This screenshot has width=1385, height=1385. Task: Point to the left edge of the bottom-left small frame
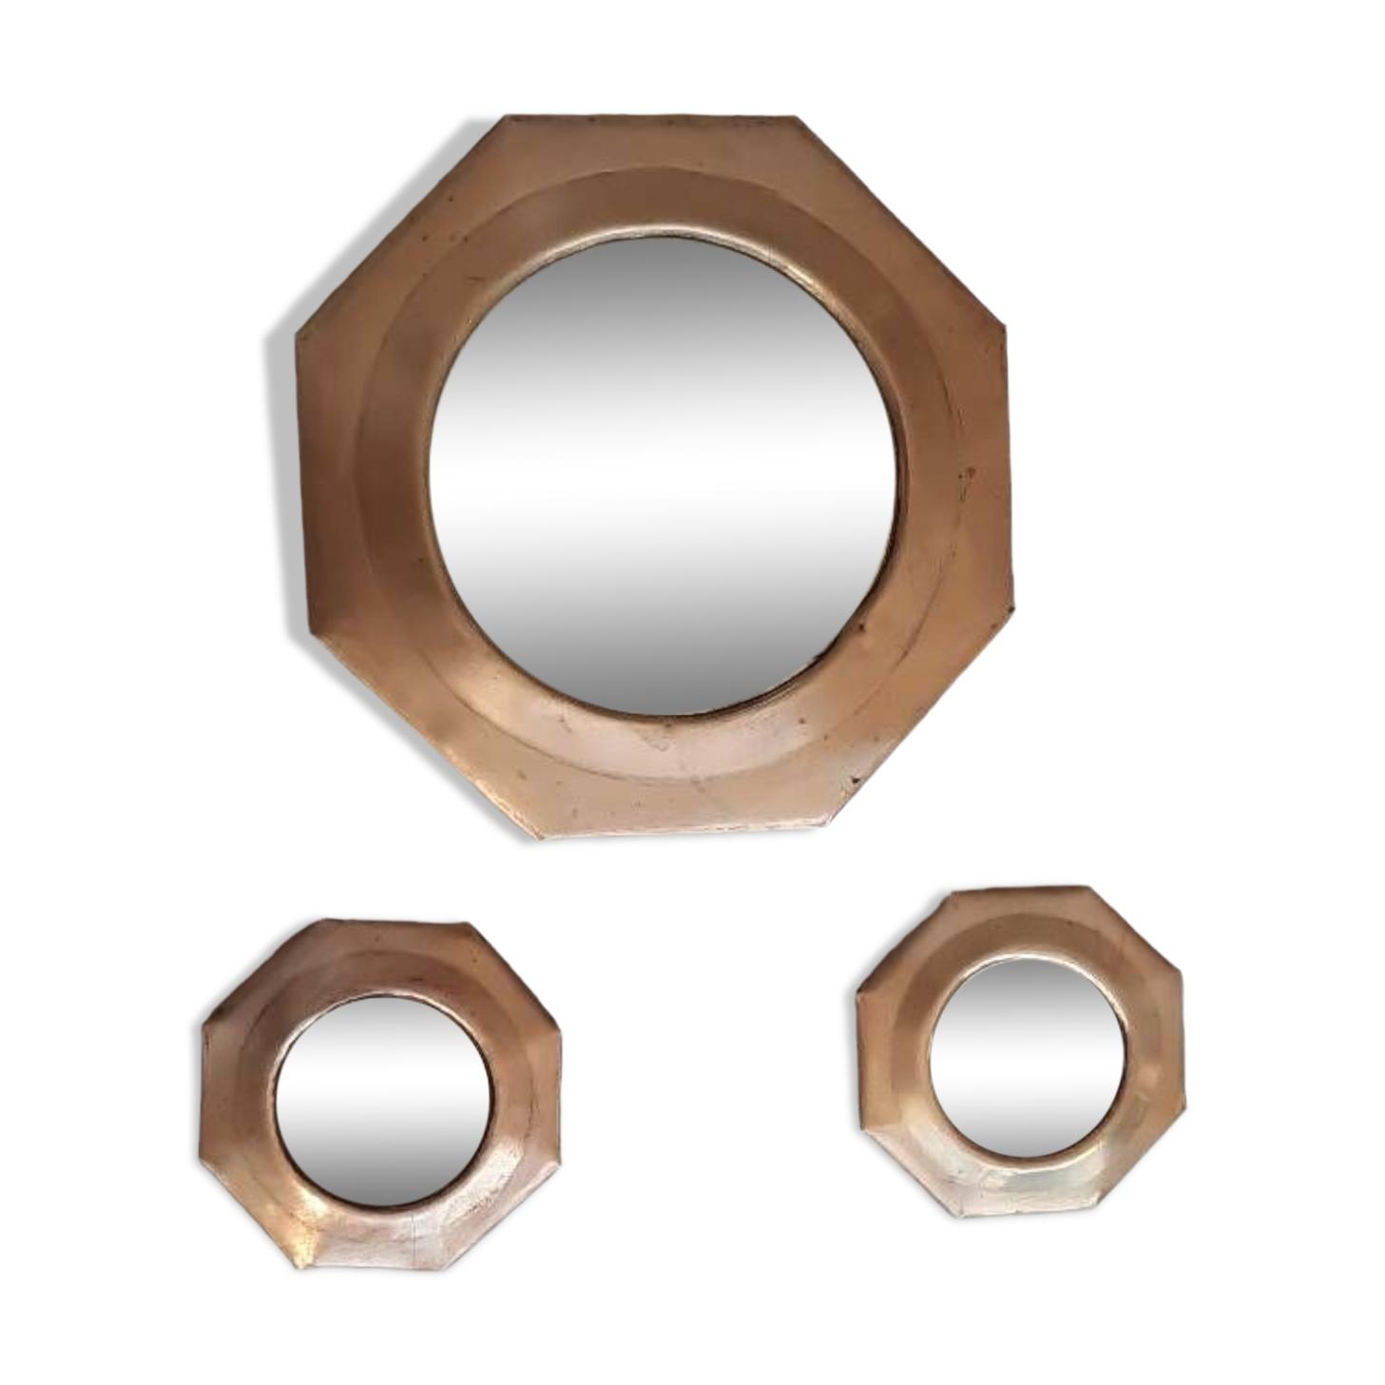(208, 1093)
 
